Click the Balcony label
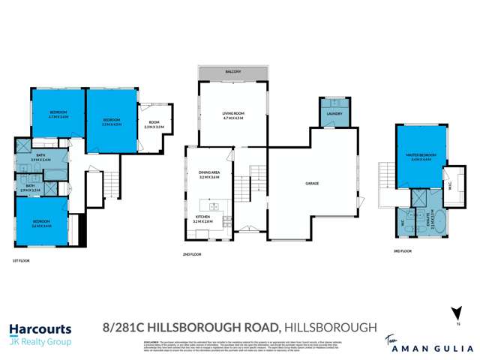233,71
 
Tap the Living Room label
234,115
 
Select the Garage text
313,182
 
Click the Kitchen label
204,219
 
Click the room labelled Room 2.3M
154,124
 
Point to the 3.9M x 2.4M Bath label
40,157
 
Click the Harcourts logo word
40,328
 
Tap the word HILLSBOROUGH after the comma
330,326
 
